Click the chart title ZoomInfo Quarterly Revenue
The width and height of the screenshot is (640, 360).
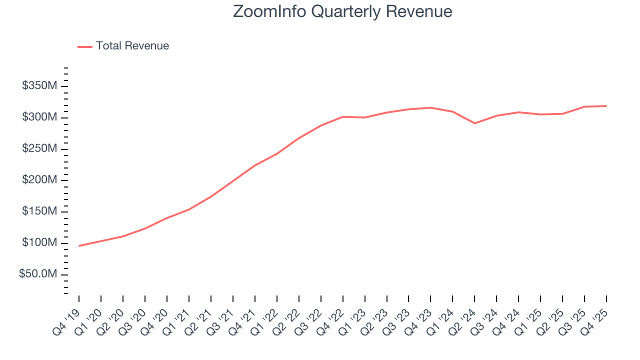[342, 11]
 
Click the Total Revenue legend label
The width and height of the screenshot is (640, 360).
[132, 46]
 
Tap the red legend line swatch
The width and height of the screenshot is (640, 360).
[85, 46]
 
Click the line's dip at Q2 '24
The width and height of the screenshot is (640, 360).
[474, 123]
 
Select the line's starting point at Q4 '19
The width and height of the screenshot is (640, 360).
[79, 245]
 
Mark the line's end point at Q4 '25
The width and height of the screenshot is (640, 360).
[606, 106]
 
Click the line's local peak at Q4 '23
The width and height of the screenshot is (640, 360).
[430, 107]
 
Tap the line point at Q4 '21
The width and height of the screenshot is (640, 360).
[254, 165]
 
